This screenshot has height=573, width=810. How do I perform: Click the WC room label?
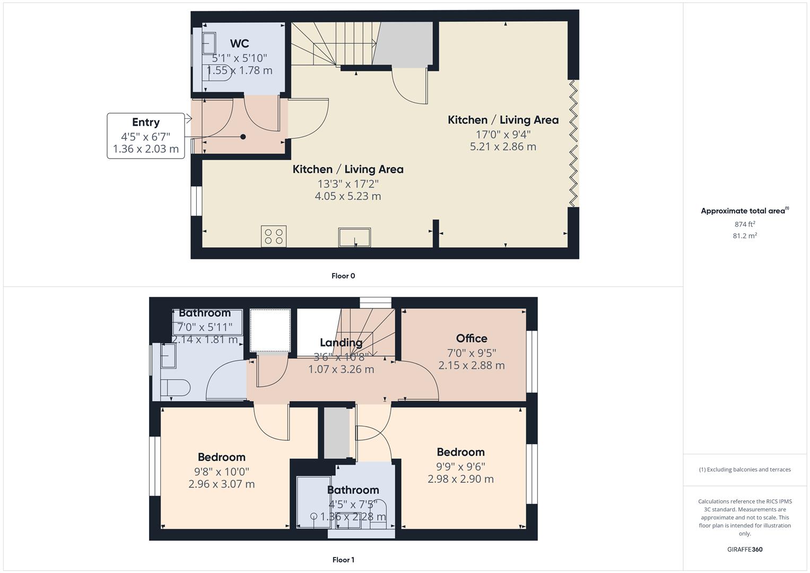[239, 44]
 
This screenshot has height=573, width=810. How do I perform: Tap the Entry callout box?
[146, 135]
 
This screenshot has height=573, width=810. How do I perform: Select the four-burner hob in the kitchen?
[274, 236]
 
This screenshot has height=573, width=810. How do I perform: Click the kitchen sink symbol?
[354, 237]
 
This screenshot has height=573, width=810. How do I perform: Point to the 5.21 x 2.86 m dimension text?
[503, 147]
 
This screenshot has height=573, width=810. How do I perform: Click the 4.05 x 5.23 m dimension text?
[348, 196]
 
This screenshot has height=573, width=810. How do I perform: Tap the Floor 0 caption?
[343, 276]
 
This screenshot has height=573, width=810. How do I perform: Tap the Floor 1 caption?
[343, 560]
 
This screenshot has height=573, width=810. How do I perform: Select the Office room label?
[472, 338]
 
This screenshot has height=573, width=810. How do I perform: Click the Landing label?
[341, 343]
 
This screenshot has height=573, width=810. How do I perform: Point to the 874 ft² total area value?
[745, 224]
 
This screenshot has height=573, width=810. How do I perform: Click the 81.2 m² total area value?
[745, 236]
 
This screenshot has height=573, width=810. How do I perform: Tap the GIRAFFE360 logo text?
[745, 549]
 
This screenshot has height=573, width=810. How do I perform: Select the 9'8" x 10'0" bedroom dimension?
[221, 472]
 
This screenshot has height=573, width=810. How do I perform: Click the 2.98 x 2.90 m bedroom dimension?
[460, 479]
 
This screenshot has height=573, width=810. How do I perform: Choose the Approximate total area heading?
[744, 211]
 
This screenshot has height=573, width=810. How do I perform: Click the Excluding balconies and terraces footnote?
[745, 470]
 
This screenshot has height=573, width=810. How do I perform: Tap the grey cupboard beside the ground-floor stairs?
[404, 45]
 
